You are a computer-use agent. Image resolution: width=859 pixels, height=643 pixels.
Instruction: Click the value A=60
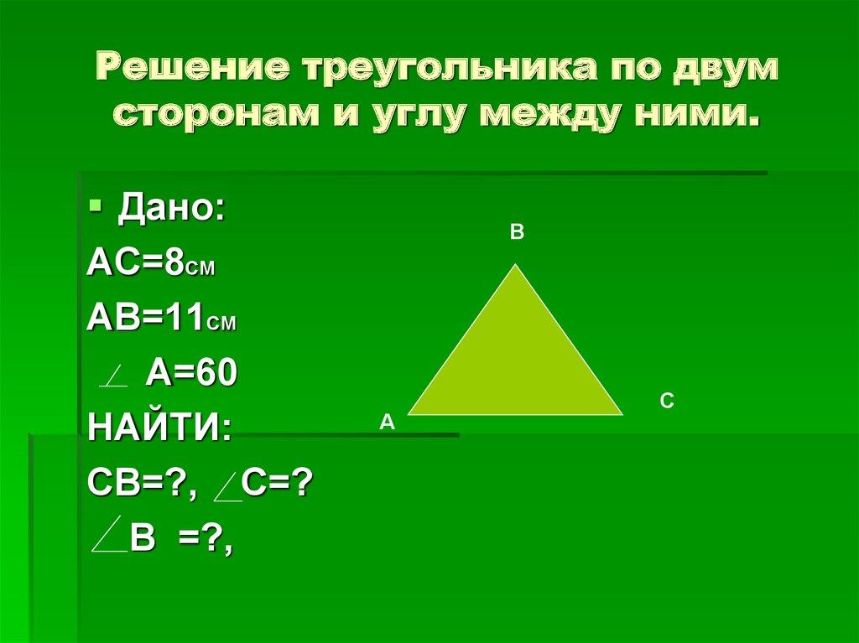click(192, 373)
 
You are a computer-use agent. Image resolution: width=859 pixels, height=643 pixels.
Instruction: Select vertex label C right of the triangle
click(667, 402)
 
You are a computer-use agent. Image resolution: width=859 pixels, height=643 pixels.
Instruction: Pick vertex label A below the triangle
click(386, 423)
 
